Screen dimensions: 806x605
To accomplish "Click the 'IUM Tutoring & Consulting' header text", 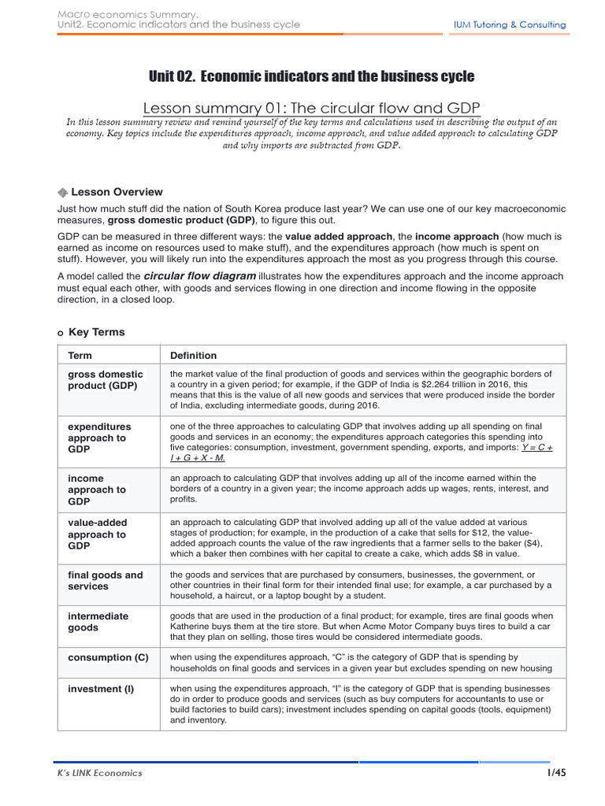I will tap(509, 24).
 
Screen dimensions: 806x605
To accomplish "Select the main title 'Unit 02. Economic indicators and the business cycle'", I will tap(311, 76).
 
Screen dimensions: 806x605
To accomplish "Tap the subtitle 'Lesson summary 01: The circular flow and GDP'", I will tap(311, 108).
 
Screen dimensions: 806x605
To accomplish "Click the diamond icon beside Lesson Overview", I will tap(63, 192).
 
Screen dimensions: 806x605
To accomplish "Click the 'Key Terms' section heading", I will tap(96, 332).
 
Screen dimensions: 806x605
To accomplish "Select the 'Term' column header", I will tap(80, 356).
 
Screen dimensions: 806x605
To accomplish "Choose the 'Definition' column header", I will tap(193, 356).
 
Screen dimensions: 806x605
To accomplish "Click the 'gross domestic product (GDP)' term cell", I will tap(106, 380).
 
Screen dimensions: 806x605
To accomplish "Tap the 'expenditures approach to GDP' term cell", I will tap(99, 438).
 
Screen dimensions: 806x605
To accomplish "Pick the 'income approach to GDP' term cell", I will tap(96, 490).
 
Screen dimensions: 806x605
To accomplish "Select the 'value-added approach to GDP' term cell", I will tap(97, 534).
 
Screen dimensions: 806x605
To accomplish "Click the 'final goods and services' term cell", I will tap(106, 581).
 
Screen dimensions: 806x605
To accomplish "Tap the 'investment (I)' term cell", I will tap(101, 689).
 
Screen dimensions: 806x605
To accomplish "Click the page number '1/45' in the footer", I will tap(556, 773).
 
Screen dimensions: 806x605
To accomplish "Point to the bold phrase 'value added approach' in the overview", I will tap(338, 236).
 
